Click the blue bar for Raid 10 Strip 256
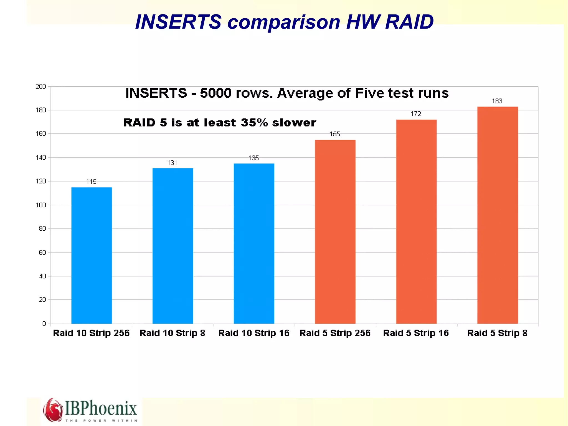click(x=92, y=255)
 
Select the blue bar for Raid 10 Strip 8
click(x=173, y=246)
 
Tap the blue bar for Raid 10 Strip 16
click(x=254, y=243)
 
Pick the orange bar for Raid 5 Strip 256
click(x=335, y=232)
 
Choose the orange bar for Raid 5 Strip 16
click(x=416, y=221)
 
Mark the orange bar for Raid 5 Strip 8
click(x=497, y=215)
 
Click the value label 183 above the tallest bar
click(x=497, y=101)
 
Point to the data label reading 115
click(x=91, y=182)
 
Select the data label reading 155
click(x=335, y=134)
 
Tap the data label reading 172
click(x=416, y=114)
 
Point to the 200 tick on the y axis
click(x=41, y=87)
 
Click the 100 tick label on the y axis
click(x=41, y=205)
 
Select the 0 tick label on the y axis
click(x=44, y=324)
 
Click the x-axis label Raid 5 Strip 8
click(x=497, y=333)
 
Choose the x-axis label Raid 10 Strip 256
click(x=91, y=333)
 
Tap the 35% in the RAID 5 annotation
click(x=254, y=123)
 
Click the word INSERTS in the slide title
click(x=178, y=22)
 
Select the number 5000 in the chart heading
click(x=215, y=93)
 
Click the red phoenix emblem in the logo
click(x=53, y=410)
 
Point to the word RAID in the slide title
click(x=409, y=22)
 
